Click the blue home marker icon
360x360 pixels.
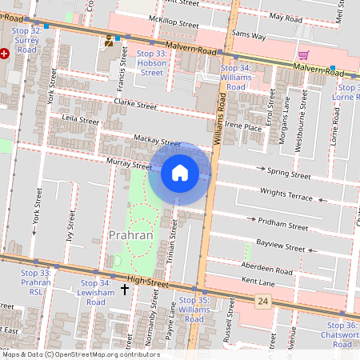[x=180, y=173]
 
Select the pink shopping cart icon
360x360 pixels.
[x=303, y=55]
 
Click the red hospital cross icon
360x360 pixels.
[x=4, y=53]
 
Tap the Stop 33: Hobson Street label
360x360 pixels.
[x=151, y=62]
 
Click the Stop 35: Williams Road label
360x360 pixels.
[x=194, y=310]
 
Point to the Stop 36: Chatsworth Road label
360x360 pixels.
[x=342, y=334]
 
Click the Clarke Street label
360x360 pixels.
[x=134, y=104]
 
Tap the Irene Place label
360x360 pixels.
[x=243, y=127]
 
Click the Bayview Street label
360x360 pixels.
[x=281, y=246]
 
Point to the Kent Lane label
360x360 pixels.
[x=258, y=282]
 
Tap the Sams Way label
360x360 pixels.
[x=247, y=36]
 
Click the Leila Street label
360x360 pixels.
[x=80, y=121]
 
